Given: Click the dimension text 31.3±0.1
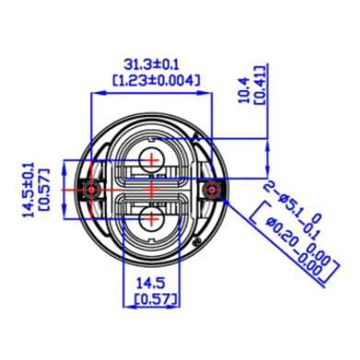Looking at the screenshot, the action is click(151, 65).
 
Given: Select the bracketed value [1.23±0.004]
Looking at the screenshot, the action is click(157, 80).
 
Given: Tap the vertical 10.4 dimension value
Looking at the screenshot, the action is click(245, 90).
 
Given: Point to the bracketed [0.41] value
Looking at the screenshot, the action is click(260, 85).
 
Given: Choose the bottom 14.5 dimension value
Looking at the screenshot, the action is click(150, 283).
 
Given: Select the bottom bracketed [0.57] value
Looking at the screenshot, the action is click(157, 298).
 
